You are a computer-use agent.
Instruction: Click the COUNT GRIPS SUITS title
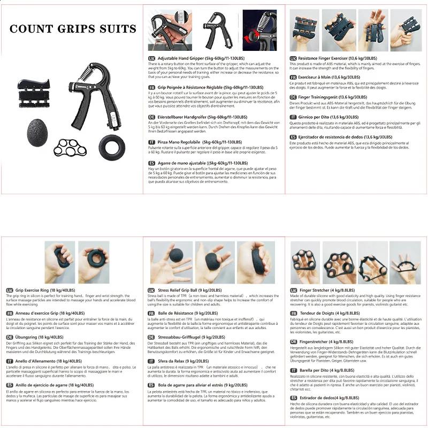coord(73,28)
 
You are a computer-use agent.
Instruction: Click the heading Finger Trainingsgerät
coord(328,97)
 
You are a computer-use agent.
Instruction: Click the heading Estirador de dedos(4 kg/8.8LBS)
coord(328,398)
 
